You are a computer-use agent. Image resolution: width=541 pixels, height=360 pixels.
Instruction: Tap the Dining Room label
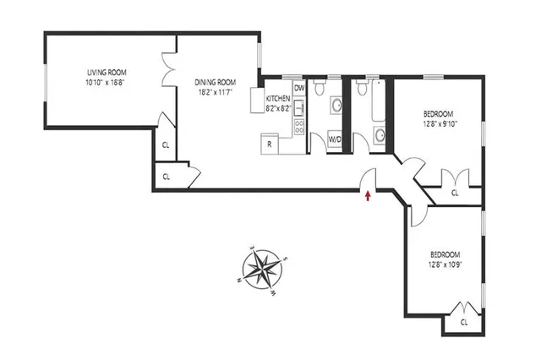coord(215,82)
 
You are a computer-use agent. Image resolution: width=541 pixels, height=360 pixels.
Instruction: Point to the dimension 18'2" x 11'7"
coord(215,92)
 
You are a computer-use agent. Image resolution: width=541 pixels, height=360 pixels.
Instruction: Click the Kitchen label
coord(279,99)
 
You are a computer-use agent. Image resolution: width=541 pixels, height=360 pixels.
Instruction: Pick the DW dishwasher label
coord(298,87)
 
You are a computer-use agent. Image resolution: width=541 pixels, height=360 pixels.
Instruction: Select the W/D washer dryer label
coord(336,139)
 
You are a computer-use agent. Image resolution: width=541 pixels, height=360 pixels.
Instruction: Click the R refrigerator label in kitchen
coord(269,144)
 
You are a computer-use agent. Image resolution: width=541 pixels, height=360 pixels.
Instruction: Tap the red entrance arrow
coord(368,197)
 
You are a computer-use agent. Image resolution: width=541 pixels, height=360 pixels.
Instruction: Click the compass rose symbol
coord(264,270)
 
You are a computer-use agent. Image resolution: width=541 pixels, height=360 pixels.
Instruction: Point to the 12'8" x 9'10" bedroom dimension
coord(438,124)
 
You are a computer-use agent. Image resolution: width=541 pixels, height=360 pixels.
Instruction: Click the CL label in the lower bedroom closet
coord(464,322)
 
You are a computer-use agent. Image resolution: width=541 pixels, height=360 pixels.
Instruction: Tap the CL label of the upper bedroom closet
coord(455,193)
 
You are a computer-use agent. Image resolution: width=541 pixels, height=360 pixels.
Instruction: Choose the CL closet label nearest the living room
coord(165,145)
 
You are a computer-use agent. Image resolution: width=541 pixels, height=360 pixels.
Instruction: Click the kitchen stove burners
coord(298,127)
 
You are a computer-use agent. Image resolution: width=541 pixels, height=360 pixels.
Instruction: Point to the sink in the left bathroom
coord(336,105)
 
